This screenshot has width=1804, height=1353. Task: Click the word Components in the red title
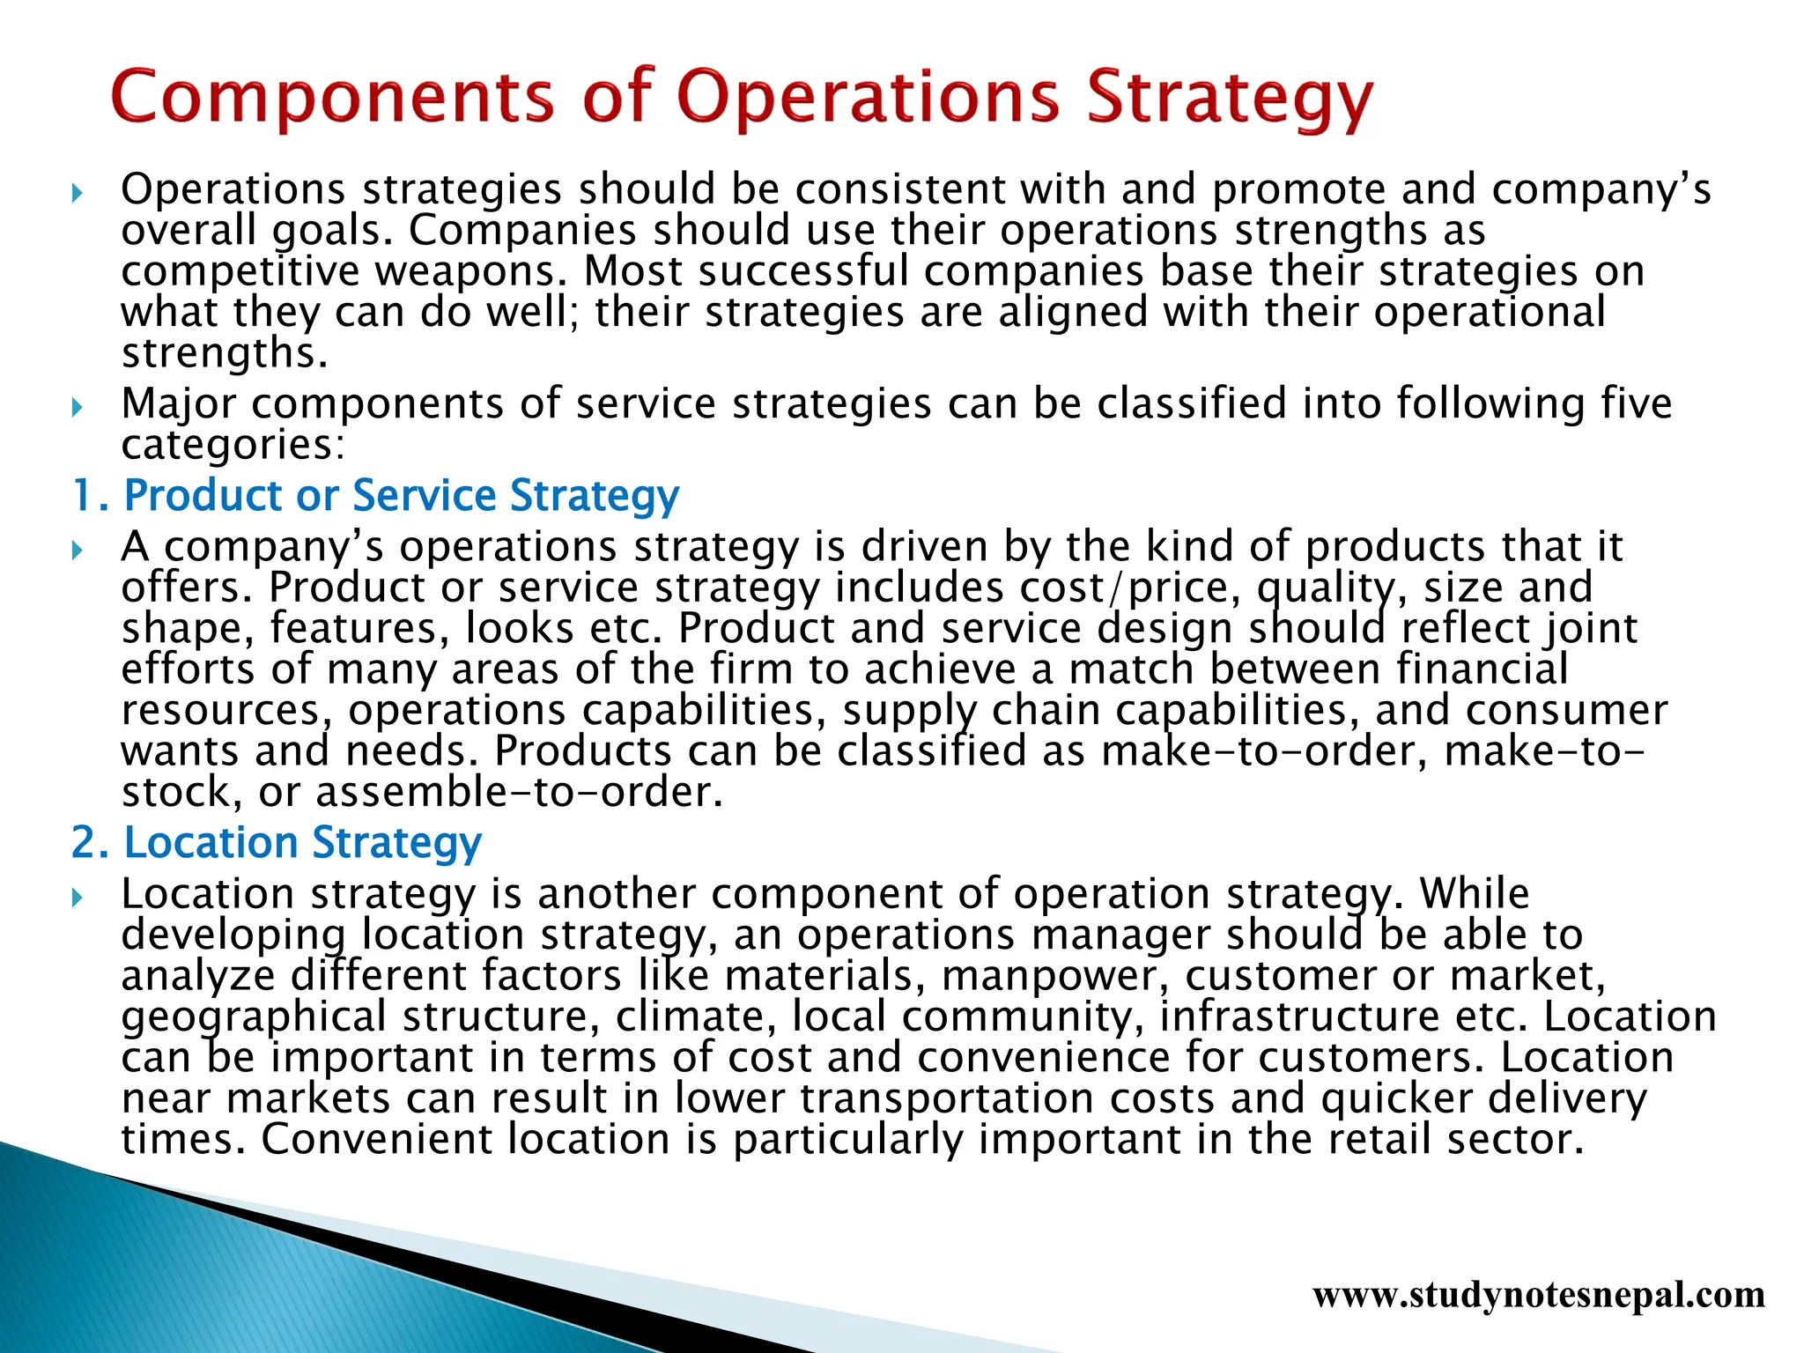tap(332, 97)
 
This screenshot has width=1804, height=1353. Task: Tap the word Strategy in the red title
tap(1229, 97)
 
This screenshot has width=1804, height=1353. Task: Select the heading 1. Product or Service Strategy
tap(375, 495)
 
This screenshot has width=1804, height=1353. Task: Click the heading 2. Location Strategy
tap(277, 843)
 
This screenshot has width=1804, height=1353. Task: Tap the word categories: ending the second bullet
tap(233, 445)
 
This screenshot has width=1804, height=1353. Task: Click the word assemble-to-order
tap(518, 792)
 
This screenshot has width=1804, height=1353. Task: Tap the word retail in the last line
tap(1379, 1139)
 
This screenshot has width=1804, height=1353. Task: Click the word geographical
tap(254, 1017)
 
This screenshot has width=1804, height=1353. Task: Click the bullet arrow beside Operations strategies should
tap(78, 192)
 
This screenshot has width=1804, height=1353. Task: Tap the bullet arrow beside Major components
tap(78, 406)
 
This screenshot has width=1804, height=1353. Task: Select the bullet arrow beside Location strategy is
tap(78, 897)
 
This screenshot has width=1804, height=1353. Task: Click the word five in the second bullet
tap(1636, 404)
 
